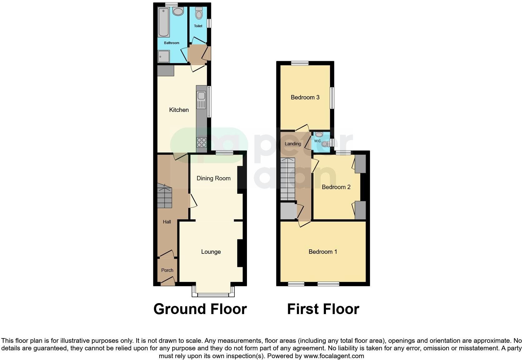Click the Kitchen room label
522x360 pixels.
pyautogui.click(x=179, y=110)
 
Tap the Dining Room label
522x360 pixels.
pyautogui.click(x=214, y=178)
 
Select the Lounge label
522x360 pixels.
pyautogui.click(x=211, y=252)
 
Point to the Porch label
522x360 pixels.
pyautogui.click(x=167, y=270)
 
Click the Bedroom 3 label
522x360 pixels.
pyautogui.click(x=305, y=97)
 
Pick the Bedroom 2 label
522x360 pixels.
pyautogui.click(x=336, y=187)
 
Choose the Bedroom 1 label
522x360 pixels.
pyautogui.click(x=323, y=252)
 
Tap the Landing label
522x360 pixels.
pyautogui.click(x=293, y=144)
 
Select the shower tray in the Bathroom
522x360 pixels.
pyautogui.click(x=164, y=57)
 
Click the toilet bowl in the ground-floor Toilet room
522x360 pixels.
pyautogui.click(x=199, y=14)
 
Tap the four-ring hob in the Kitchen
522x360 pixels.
pyautogui.click(x=201, y=142)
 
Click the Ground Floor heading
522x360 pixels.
pyautogui.click(x=200, y=309)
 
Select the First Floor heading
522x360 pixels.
pyautogui.click(x=323, y=309)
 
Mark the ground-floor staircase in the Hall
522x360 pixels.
pyautogui.click(x=164, y=196)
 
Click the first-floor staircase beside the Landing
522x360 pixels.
pyautogui.click(x=288, y=179)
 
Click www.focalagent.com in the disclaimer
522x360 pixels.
pyautogui.click(x=334, y=356)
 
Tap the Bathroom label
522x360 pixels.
pyautogui.click(x=172, y=43)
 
